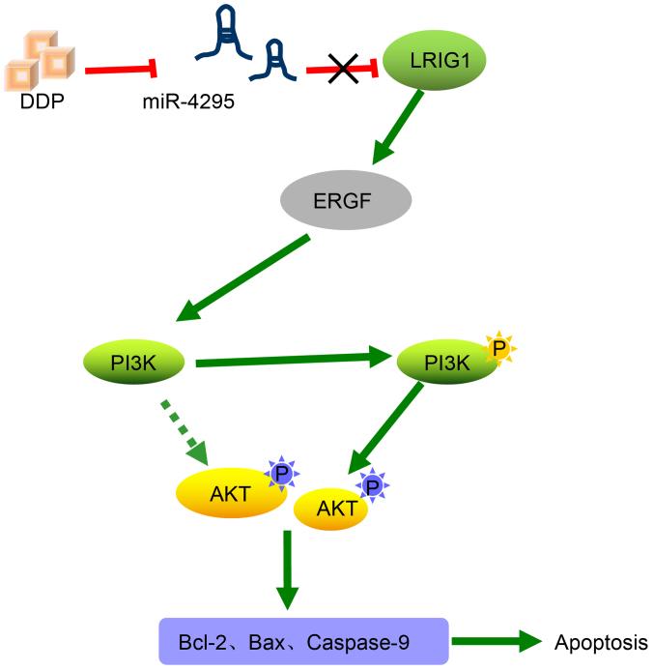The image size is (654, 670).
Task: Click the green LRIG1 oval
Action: pos(434,62)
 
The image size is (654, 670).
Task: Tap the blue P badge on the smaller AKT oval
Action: pos(370,485)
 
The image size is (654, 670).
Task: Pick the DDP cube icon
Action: pos(37,57)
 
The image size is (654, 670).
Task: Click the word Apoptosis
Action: pos(600,641)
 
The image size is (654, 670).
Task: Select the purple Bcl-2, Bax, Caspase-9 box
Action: pos(303,641)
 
